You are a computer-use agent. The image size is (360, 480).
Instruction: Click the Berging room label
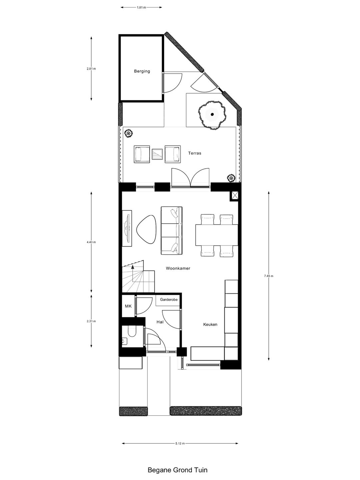coord(142,71)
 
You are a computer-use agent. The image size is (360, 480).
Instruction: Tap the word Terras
coord(195,153)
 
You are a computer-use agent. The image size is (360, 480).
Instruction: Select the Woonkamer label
coord(178,268)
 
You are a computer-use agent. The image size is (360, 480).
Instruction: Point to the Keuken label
coord(210,324)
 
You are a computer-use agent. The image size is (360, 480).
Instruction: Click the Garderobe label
coord(169,300)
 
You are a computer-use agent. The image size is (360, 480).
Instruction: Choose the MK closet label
coord(128,306)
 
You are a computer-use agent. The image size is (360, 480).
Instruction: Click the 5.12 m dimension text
coord(180,443)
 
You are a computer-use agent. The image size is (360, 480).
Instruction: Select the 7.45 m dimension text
coord(269,276)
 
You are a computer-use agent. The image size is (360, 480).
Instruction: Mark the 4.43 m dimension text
coord(91,242)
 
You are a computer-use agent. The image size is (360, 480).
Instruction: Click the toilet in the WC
coord(132,333)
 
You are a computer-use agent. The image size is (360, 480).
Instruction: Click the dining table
coord(216,235)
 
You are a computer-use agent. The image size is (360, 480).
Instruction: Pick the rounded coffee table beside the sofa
coord(146,229)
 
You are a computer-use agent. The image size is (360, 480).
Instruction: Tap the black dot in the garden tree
coord(212,114)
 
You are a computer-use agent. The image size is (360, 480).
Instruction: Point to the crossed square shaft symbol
coord(234,196)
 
